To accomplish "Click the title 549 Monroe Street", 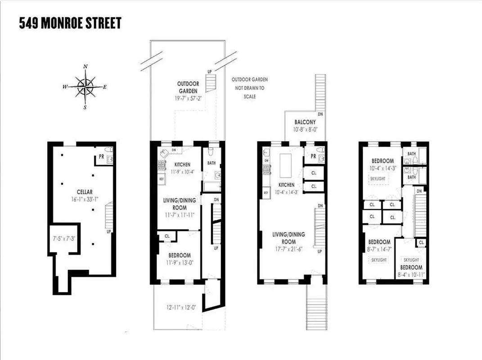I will (x=70, y=23).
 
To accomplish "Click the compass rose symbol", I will (x=85, y=86).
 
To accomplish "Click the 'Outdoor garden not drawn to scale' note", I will (x=248, y=88).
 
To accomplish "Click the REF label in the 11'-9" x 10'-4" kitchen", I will (x=162, y=179).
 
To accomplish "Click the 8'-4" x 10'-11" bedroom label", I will (x=411, y=270).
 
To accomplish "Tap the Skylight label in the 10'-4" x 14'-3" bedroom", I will (x=377, y=179).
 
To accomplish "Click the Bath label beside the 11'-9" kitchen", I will (x=211, y=163).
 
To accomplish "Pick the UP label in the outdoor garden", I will (x=209, y=72).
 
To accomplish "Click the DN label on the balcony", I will (x=320, y=114).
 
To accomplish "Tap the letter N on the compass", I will (x=85, y=67).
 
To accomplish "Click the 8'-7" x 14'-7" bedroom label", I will (x=379, y=245).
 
